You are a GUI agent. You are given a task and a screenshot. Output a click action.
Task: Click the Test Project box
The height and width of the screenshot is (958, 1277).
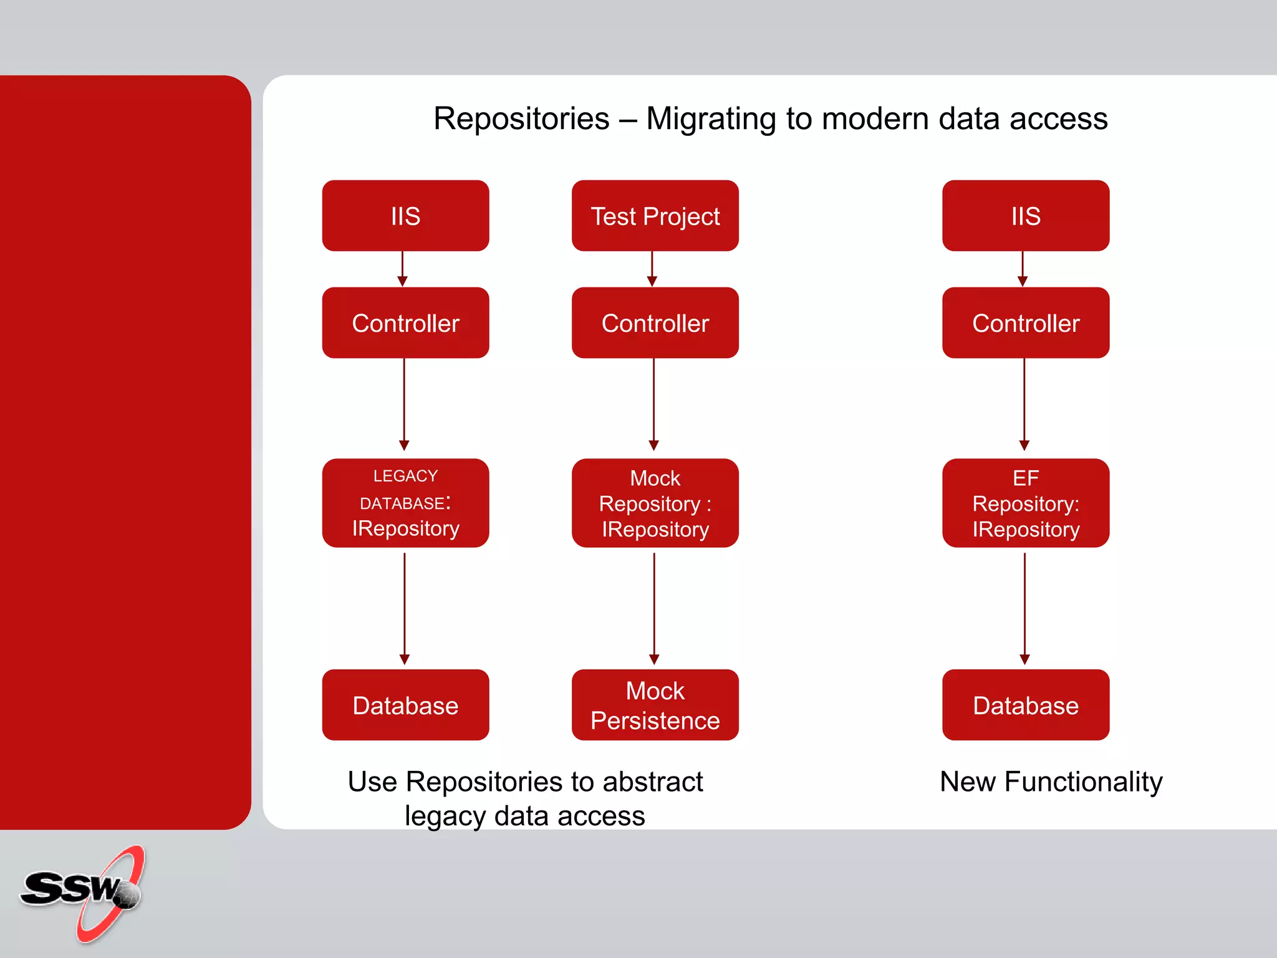[655, 216]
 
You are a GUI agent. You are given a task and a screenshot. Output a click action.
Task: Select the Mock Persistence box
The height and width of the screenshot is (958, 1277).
[655, 705]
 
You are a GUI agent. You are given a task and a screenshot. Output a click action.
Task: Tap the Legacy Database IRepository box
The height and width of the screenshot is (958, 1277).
[405, 503]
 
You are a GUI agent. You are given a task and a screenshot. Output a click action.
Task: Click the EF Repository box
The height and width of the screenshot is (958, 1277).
[1026, 503]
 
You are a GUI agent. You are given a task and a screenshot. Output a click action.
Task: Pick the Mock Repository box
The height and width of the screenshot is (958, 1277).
[655, 503]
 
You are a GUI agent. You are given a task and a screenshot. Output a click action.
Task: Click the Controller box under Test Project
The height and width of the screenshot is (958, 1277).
[655, 322]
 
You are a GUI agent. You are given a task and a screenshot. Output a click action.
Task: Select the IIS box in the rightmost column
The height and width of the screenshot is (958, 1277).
[1026, 216]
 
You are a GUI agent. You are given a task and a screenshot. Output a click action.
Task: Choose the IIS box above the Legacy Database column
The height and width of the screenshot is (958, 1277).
[405, 216]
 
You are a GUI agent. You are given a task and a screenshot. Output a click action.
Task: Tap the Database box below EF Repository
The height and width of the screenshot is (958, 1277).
[1026, 705]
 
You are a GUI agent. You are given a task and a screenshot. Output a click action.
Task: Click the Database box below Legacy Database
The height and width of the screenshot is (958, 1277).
[405, 705]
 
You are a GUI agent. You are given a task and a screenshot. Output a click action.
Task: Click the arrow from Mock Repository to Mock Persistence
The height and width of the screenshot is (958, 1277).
[654, 608]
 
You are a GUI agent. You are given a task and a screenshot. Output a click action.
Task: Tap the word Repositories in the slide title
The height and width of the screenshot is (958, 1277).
[521, 119]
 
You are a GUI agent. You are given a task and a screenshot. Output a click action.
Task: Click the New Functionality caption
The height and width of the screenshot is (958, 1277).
[1051, 781]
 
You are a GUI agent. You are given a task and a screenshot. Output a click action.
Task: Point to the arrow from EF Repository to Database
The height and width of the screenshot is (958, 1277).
[1024, 608]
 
